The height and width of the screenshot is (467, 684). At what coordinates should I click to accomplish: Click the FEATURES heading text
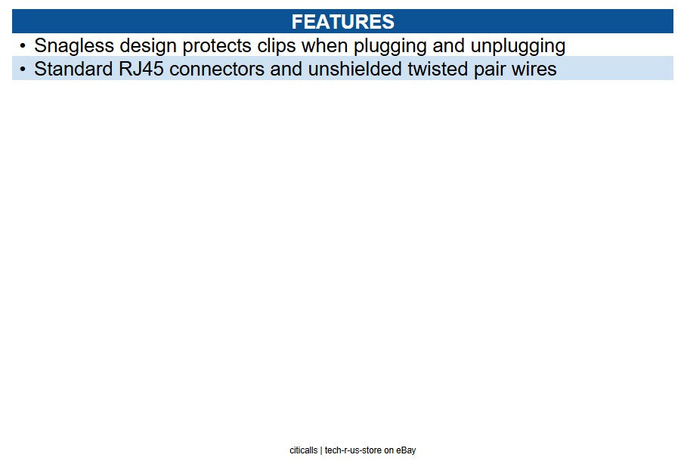342,22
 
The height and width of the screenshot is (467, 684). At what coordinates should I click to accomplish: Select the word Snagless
74,46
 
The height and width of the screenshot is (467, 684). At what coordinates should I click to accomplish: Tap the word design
148,46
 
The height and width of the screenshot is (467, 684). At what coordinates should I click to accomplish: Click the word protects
217,46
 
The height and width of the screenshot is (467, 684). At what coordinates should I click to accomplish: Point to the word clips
277,46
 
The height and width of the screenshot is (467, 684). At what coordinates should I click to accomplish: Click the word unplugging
518,46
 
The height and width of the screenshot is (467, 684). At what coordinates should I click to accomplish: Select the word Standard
73,69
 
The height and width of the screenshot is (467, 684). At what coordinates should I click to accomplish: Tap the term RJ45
141,69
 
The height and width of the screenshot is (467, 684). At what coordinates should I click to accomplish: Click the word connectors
217,69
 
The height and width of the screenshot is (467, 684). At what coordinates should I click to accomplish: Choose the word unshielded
354,69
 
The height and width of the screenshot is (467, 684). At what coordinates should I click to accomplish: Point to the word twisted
438,69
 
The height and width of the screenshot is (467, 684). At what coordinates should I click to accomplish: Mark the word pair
490,70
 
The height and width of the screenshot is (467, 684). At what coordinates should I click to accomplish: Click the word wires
534,69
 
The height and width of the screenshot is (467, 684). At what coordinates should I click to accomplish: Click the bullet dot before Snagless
23,45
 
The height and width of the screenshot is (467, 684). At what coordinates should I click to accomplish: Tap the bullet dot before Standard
23,69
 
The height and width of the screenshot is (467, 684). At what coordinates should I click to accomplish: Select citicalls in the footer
304,450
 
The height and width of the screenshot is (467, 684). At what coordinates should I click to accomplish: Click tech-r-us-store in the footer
353,450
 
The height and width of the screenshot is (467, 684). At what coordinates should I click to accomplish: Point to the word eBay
406,450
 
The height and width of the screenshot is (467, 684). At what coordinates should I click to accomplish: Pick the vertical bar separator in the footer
321,450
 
